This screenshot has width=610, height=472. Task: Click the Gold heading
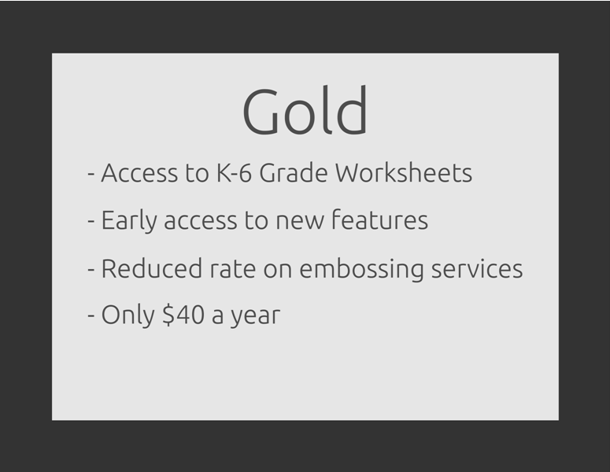point(305,110)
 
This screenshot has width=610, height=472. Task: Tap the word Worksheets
point(404,172)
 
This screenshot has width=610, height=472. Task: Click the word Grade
point(294,172)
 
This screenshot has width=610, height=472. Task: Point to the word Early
point(129,220)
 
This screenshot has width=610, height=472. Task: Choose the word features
point(379,219)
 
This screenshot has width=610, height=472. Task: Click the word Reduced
point(152,268)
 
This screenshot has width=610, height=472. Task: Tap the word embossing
point(361,269)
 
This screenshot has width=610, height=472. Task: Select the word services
point(477,269)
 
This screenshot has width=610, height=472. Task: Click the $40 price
point(183,315)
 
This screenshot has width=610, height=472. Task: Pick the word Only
point(128,315)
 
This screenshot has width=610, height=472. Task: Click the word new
point(300,222)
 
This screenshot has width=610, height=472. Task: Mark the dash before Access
point(91,175)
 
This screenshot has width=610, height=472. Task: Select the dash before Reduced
point(91,270)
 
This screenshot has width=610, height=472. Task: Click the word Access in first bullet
point(139,172)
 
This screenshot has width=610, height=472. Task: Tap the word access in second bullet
point(201,222)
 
